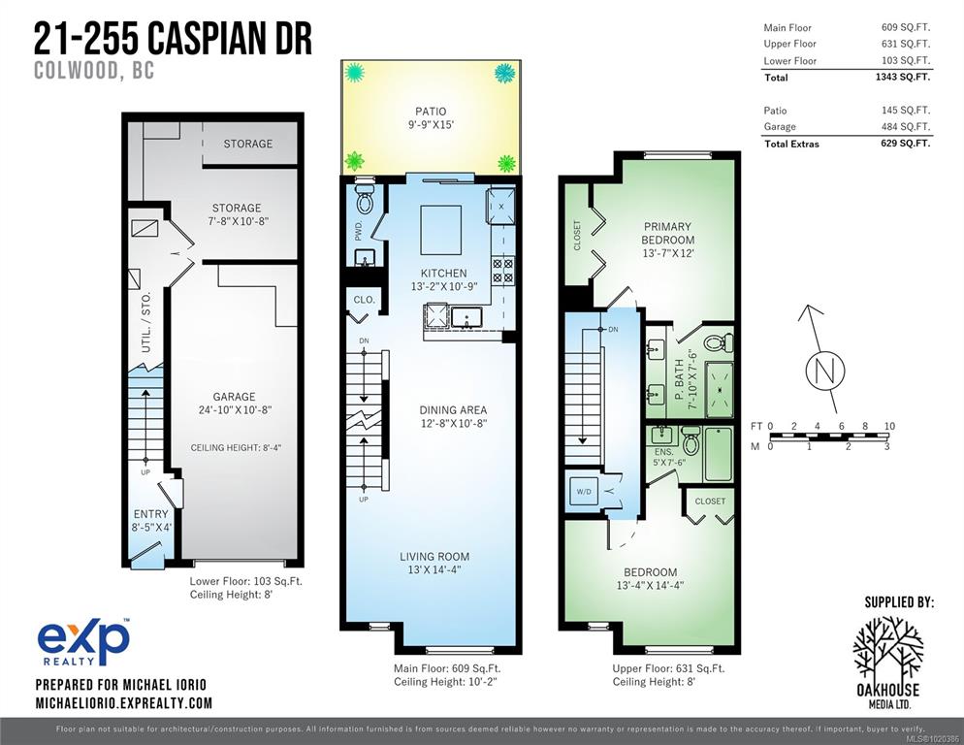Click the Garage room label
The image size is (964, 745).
234,397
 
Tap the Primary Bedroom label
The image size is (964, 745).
667,233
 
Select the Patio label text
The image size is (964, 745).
431,112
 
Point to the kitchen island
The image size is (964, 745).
441,230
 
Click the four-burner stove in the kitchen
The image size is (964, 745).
503,271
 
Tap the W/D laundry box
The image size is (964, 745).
584,492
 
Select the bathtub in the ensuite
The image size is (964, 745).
718,453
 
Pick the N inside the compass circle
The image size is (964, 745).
824,371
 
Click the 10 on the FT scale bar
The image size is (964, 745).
889,426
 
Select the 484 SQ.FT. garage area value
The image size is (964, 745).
906,126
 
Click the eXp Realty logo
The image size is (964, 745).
83,641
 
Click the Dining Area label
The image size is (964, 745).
453,409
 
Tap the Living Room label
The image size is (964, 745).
434,557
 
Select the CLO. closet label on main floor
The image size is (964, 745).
364,300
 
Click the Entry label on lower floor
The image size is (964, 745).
150,514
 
